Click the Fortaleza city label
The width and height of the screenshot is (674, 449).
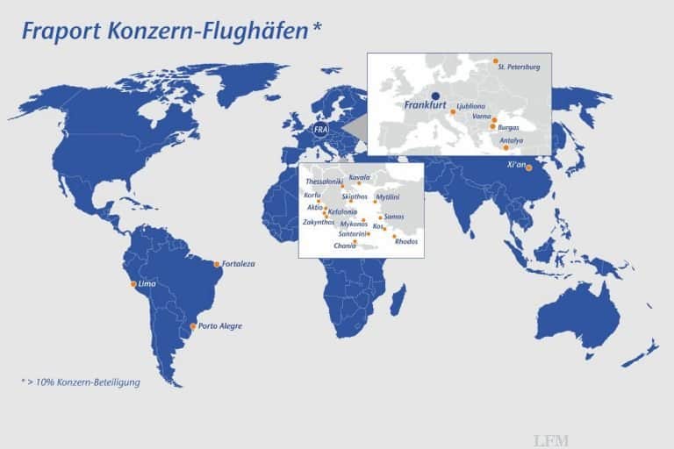click(x=238, y=264)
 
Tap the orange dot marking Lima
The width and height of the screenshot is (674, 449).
click(x=133, y=284)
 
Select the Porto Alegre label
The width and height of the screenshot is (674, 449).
click(x=220, y=326)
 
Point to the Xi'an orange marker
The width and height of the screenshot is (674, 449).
click(x=528, y=167)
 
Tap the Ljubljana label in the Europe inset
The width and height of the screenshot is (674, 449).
click(x=471, y=105)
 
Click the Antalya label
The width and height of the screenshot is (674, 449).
click(x=511, y=139)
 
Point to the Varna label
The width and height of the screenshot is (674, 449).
click(x=481, y=116)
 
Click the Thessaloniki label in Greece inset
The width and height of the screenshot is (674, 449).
click(x=323, y=182)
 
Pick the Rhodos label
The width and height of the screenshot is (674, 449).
click(x=406, y=241)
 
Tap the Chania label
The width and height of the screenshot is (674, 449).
click(x=345, y=246)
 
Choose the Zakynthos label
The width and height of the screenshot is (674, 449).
click(x=318, y=222)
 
